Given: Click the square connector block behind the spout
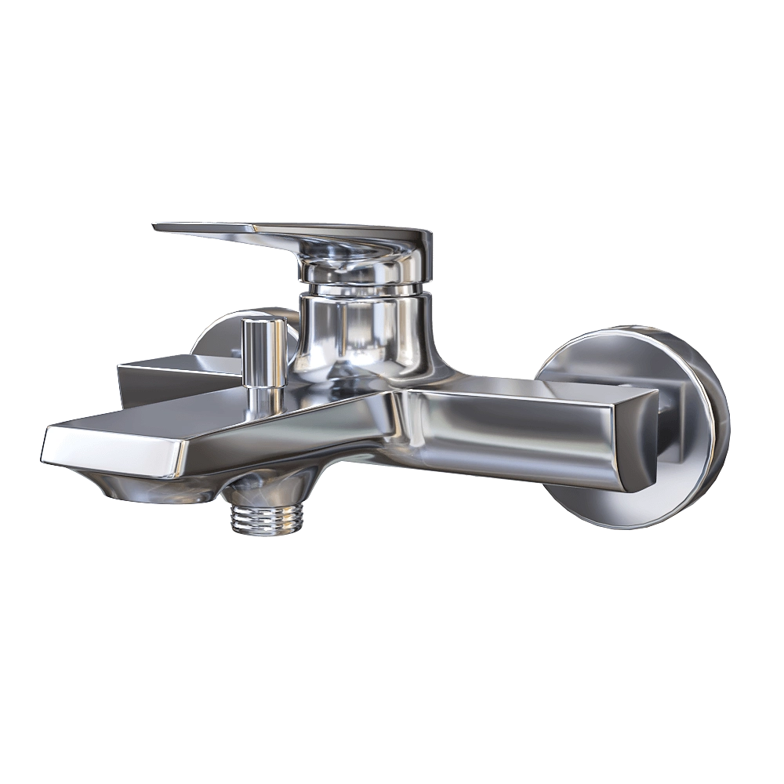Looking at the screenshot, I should (x=157, y=376).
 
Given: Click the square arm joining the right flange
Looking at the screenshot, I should (x=666, y=408).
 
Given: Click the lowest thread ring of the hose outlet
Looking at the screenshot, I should (x=267, y=531).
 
